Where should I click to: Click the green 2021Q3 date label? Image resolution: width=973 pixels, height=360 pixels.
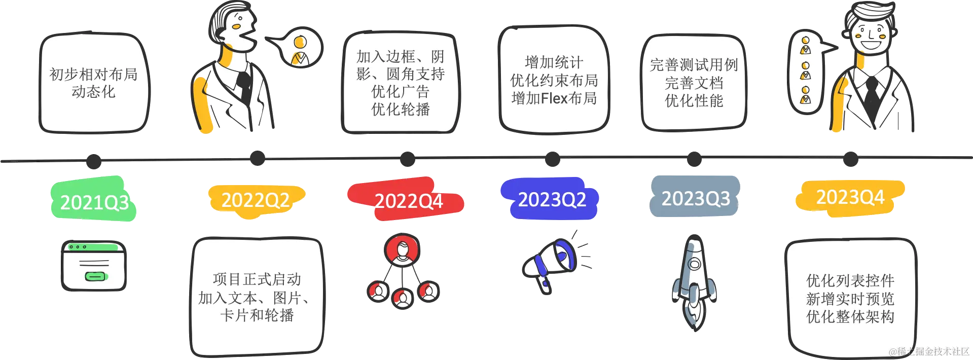tap(94, 202)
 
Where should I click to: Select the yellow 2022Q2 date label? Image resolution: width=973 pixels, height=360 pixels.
tap(256, 200)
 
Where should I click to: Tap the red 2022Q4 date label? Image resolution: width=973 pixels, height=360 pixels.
tap(409, 201)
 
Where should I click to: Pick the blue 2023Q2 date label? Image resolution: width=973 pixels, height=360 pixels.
tap(552, 199)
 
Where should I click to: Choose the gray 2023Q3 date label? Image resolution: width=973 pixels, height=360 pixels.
tap(695, 198)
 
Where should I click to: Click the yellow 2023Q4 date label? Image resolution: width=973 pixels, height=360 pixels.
tap(850, 197)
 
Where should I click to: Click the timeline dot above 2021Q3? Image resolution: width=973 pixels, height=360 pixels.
tap(93, 162)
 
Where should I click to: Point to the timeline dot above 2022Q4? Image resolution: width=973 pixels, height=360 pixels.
tap(407, 159)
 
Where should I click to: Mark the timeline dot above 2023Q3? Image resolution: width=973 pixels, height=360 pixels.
tap(693, 159)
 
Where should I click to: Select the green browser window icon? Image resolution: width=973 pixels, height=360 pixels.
tap(94, 265)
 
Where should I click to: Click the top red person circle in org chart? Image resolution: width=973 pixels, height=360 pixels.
tap(402, 250)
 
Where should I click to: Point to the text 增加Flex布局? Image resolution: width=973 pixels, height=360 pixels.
tap(554, 98)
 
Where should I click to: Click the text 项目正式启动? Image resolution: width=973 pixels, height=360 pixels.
tap(257, 279)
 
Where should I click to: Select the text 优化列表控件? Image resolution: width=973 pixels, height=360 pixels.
tap(850, 280)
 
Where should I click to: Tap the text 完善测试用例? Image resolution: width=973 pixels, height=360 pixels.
tap(694, 65)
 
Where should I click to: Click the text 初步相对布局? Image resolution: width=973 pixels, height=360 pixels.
tap(93, 74)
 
